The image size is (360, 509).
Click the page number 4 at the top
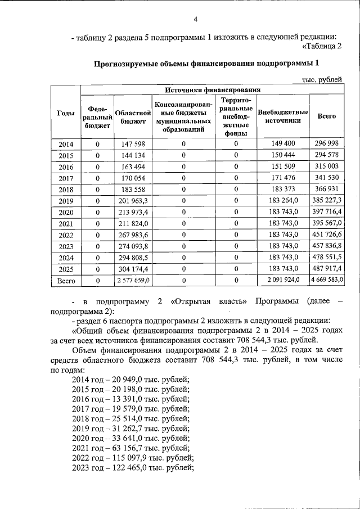click(x=196, y=20)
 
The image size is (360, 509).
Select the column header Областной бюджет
click(x=132, y=116)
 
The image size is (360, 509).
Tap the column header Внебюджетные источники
click(x=283, y=116)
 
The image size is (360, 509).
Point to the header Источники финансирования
click(x=212, y=89)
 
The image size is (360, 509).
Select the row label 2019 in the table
click(x=66, y=201)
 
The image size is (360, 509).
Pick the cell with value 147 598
click(x=133, y=145)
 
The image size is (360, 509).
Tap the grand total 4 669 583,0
click(x=327, y=280)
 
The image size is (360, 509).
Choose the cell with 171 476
click(x=283, y=178)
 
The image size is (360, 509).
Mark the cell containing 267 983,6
click(x=133, y=235)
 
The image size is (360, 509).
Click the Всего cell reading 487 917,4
click(x=327, y=268)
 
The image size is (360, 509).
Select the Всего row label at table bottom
click(x=66, y=280)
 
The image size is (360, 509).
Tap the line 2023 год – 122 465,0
click(x=133, y=469)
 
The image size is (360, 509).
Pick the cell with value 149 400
click(x=283, y=145)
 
